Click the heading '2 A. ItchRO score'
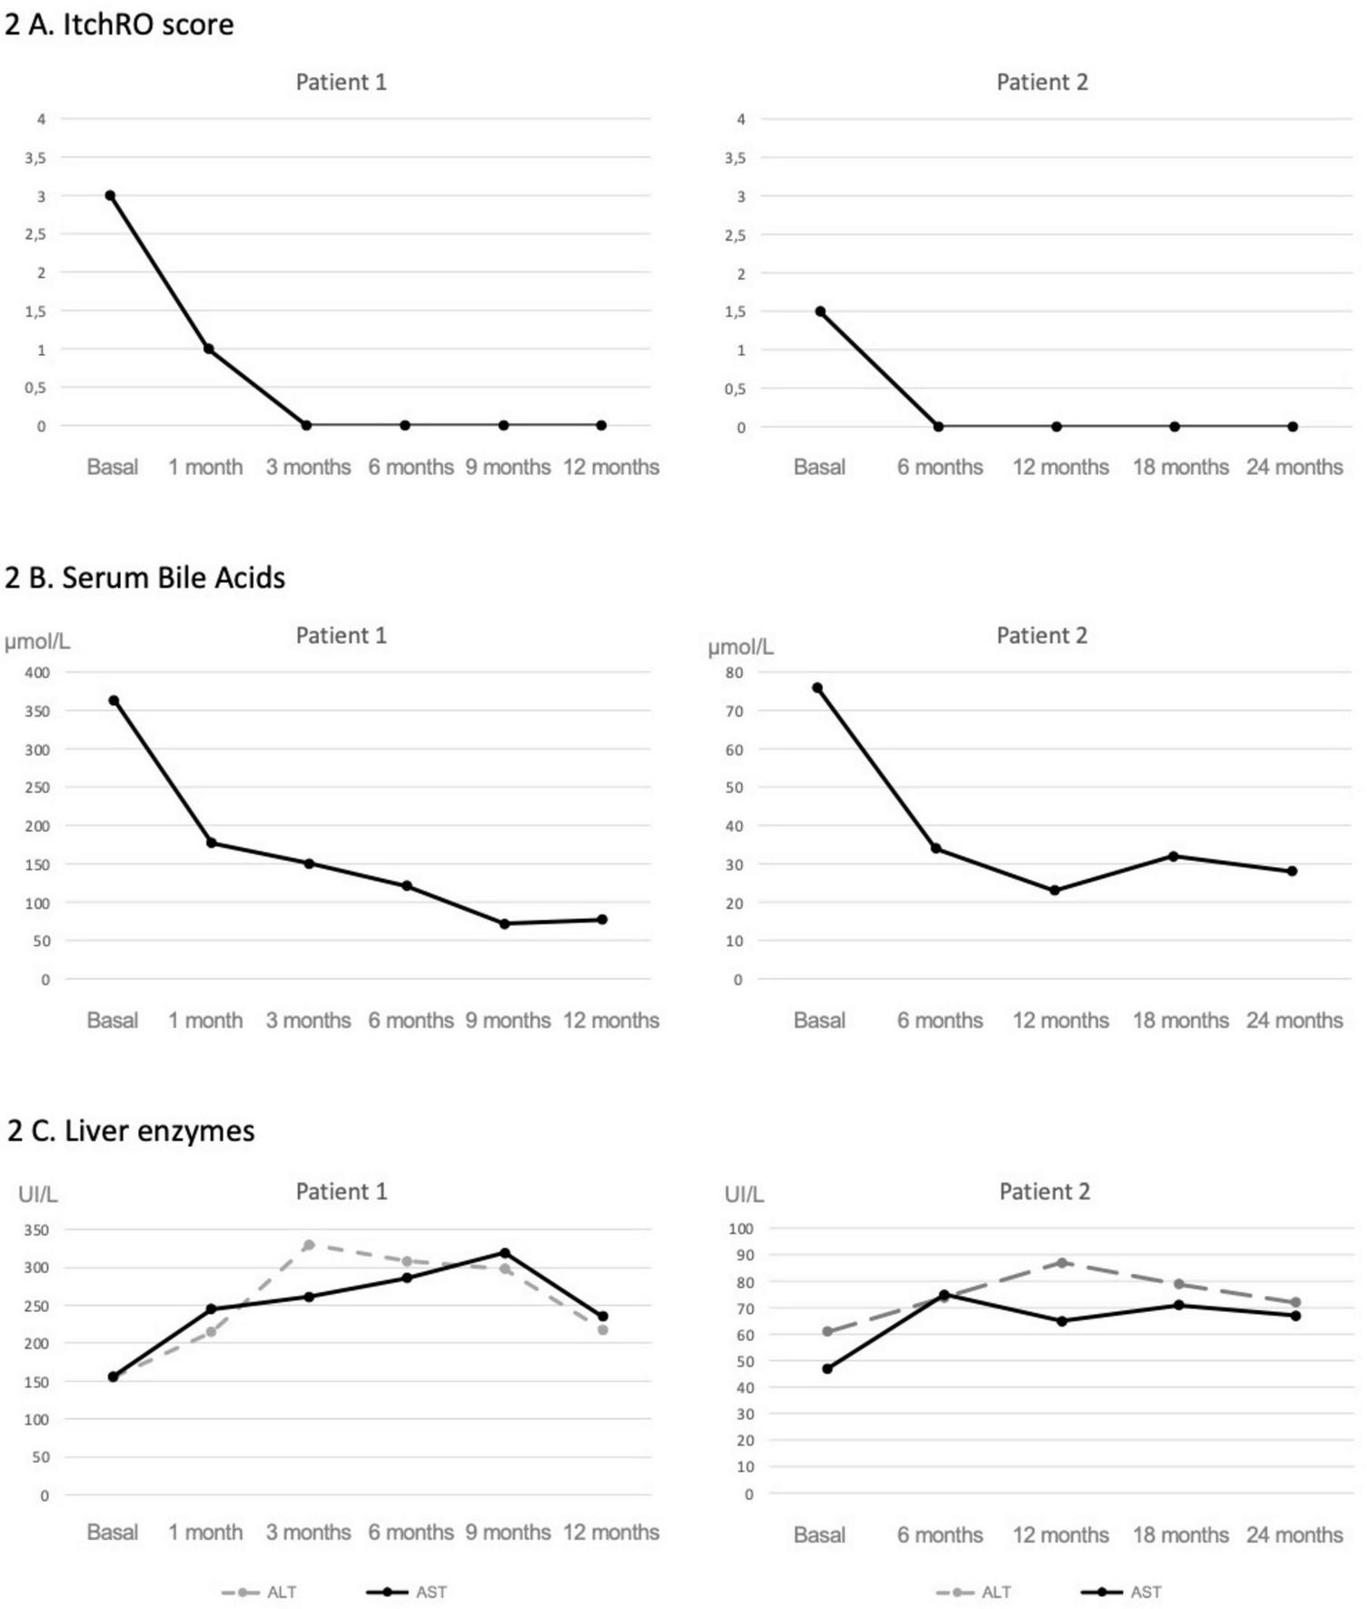119,25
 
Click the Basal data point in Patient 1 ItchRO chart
110,195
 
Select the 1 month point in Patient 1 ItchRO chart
208,349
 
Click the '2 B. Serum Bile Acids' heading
145,577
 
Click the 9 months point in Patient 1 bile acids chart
504,923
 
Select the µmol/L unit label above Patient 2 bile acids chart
740,647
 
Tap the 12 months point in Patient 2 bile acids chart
1055,890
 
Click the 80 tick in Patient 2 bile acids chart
734,673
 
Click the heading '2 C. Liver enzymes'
132,1131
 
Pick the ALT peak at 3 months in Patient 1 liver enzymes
309,1245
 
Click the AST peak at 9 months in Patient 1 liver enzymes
505,1253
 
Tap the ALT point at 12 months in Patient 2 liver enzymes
1061,1262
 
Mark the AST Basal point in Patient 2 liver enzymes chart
827,1368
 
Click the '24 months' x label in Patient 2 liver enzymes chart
1293,1535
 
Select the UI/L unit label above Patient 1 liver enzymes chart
38,1194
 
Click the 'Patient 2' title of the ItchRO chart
1042,83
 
